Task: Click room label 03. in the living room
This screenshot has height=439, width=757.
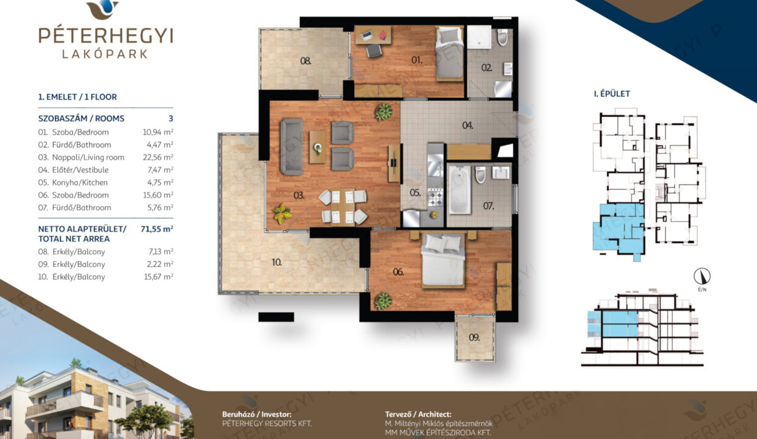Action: click(299, 195)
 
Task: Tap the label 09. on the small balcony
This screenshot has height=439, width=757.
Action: click(474, 337)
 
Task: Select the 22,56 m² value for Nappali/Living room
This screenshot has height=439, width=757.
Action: click(158, 157)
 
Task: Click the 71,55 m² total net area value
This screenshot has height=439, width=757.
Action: click(157, 229)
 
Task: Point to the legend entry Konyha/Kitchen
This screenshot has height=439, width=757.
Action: click(80, 182)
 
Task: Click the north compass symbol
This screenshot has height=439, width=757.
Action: click(702, 276)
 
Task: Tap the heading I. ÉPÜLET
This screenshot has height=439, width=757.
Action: click(612, 94)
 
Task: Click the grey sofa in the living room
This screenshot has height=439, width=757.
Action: click(291, 147)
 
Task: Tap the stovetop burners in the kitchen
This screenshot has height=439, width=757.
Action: click(435, 198)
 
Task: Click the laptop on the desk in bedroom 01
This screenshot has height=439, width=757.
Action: click(367, 35)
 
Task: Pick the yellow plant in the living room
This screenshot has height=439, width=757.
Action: click(282, 214)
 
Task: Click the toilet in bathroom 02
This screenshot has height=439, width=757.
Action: click(502, 37)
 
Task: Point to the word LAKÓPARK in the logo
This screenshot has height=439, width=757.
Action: click(105, 54)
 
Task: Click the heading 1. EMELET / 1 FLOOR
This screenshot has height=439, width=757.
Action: click(78, 97)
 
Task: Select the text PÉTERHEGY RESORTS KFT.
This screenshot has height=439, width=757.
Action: click(267, 424)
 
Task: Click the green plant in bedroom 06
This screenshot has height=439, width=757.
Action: click(383, 301)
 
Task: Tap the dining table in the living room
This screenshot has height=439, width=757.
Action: click(342, 207)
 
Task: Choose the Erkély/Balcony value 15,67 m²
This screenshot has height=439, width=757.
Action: click(159, 277)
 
